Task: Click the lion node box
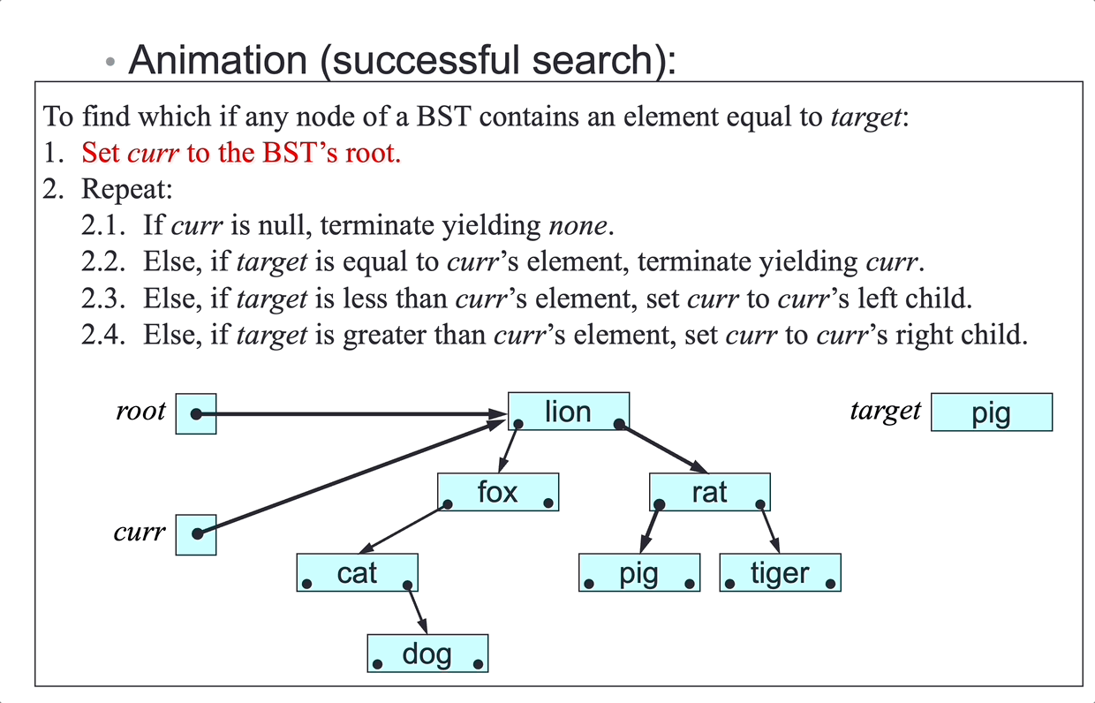coord(569,412)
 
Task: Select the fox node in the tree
coord(498,492)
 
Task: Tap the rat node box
coord(710,492)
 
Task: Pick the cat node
coord(357,573)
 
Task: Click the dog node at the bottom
coord(427,654)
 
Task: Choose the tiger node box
coord(780,573)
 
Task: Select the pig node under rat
coord(639,573)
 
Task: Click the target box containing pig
coord(992,412)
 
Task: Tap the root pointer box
coord(196,413)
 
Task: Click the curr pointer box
coord(196,534)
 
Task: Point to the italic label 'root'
coord(140,412)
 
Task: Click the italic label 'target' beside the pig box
coord(885,411)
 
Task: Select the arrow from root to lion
coord(353,413)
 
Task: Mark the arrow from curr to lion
coord(353,477)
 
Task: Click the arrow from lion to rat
coord(662,448)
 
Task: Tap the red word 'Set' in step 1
coord(101,153)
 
